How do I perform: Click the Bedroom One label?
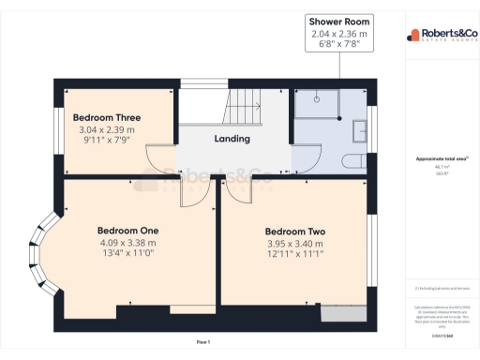[x=128, y=230]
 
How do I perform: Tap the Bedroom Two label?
[x=294, y=232]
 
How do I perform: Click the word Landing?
[x=232, y=139]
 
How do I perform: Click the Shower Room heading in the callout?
[x=341, y=22]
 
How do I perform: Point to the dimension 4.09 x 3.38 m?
[x=128, y=241]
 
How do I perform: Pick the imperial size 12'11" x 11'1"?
[x=294, y=254]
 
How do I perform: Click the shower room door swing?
[x=302, y=157]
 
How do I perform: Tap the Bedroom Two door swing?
[x=234, y=188]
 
